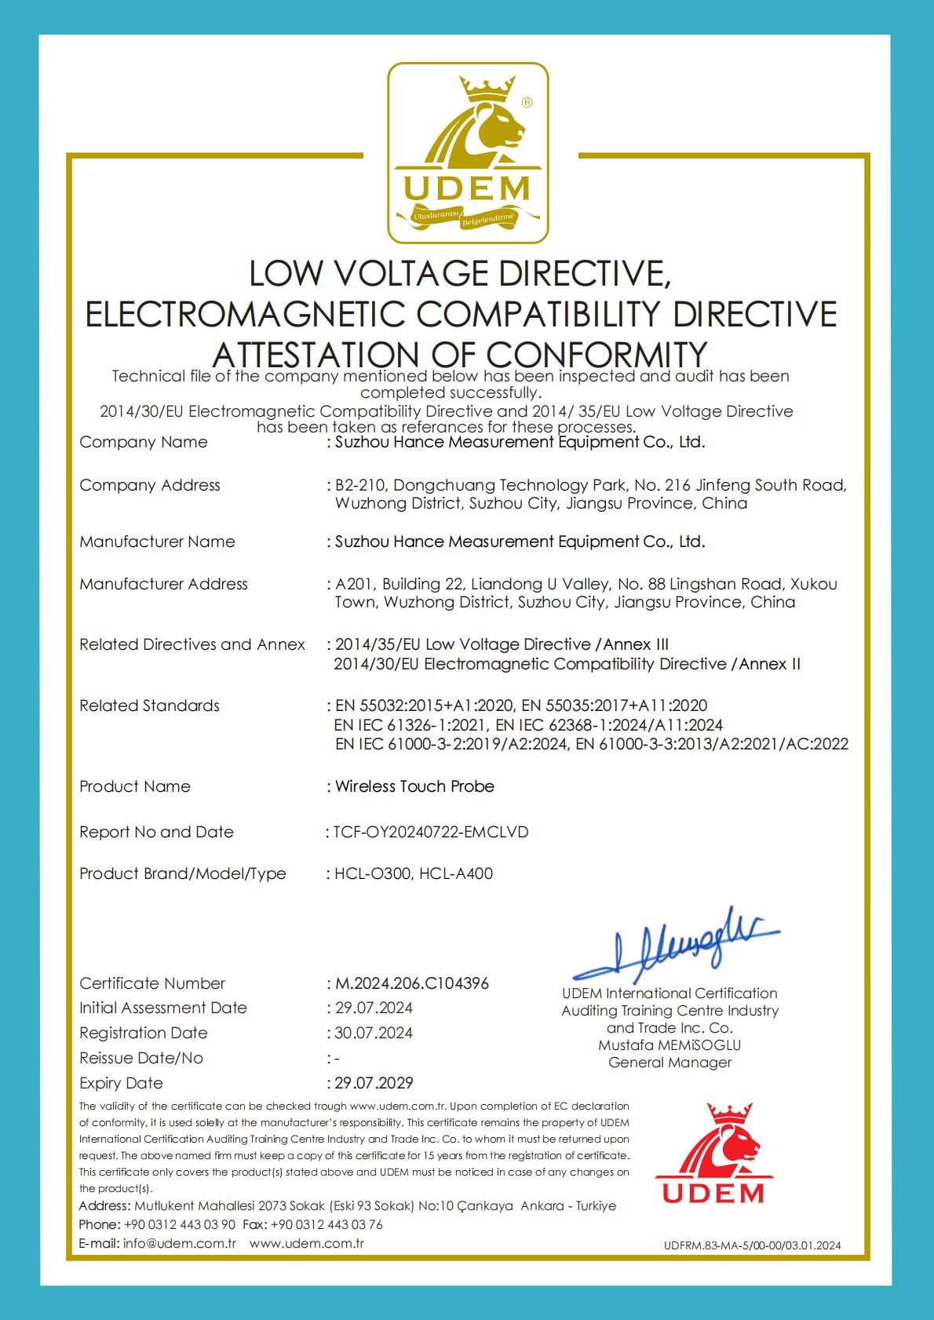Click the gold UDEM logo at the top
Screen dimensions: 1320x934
(469, 153)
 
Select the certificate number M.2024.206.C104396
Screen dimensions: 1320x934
(411, 983)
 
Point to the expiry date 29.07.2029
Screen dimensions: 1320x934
(374, 1083)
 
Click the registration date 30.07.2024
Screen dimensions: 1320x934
(374, 1033)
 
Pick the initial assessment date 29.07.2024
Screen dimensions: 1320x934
(374, 1008)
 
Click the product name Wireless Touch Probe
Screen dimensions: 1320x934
(414, 786)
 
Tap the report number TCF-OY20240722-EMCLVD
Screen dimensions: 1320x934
(431, 832)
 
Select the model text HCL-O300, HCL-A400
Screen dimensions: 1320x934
(414, 873)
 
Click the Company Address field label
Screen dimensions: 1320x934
(150, 485)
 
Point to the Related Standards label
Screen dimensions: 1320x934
(149, 706)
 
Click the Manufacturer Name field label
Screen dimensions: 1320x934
(157, 541)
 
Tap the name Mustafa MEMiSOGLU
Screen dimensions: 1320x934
(669, 1045)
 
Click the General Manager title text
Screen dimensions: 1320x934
(669, 1063)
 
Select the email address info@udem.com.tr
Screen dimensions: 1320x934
(180, 1243)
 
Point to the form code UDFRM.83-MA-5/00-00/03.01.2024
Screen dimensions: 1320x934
(752, 1245)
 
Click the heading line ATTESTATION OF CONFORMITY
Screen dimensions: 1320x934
(460, 353)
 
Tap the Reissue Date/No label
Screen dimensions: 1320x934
(141, 1058)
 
